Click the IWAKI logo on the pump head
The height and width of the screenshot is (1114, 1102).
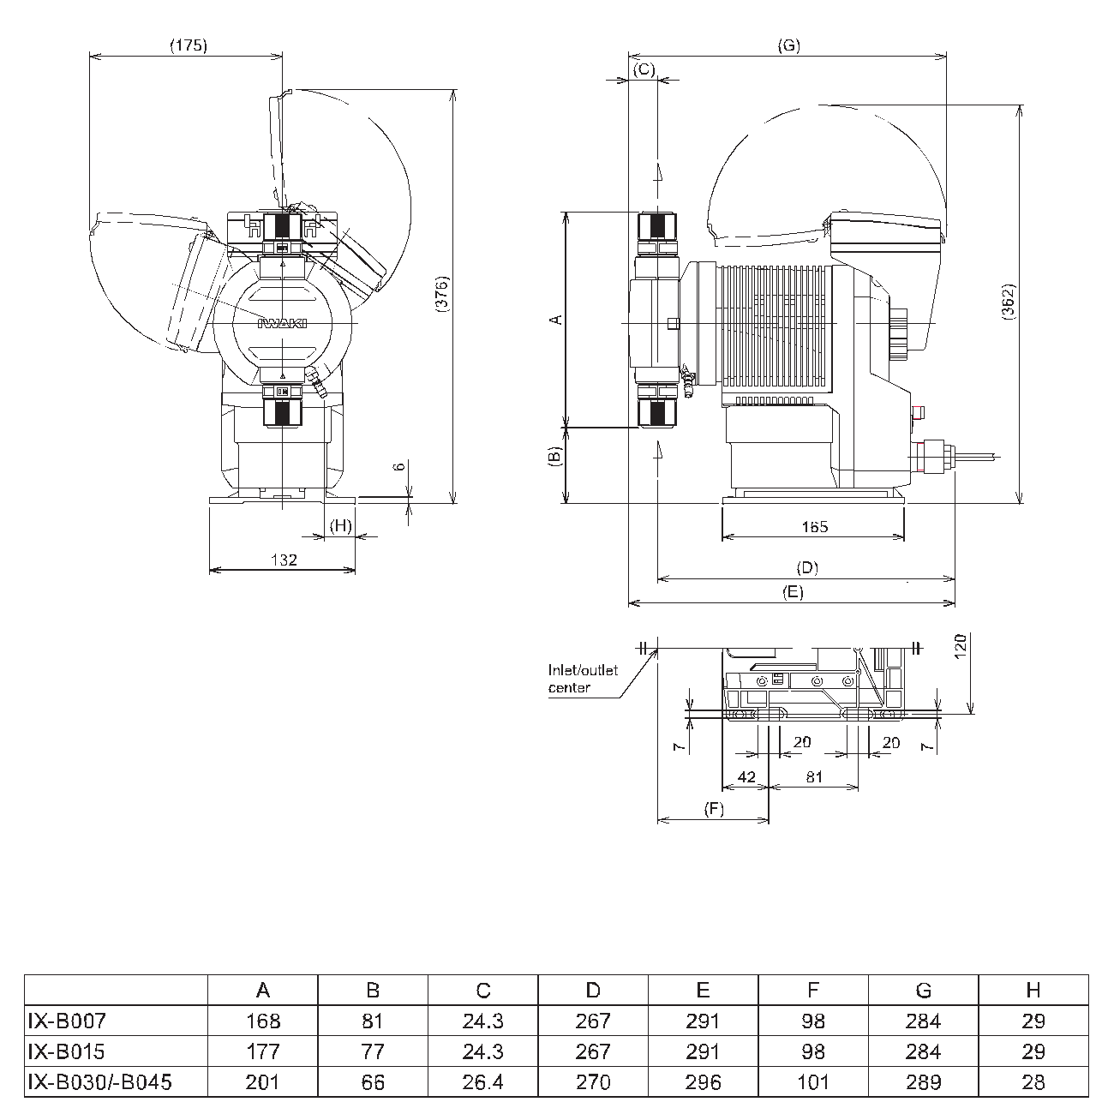tap(282, 323)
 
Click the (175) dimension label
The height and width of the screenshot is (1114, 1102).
tap(188, 45)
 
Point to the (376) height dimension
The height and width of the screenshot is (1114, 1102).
tap(441, 294)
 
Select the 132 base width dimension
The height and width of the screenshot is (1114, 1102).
tap(284, 559)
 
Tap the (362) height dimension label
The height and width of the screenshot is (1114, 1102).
tap(1008, 301)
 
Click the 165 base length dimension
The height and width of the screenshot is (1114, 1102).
tap(814, 527)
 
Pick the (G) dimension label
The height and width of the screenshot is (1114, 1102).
tap(788, 45)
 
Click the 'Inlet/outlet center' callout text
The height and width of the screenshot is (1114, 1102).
tap(583, 679)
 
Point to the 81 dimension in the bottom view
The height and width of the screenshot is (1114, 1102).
tap(814, 776)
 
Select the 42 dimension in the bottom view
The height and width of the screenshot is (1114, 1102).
tap(746, 776)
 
